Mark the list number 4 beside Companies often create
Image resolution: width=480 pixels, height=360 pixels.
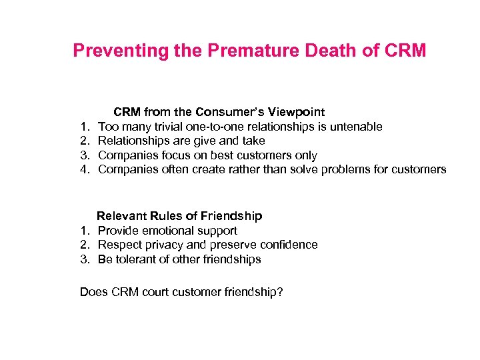[85, 169]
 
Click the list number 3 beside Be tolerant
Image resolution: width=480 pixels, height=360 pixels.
[85, 259]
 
